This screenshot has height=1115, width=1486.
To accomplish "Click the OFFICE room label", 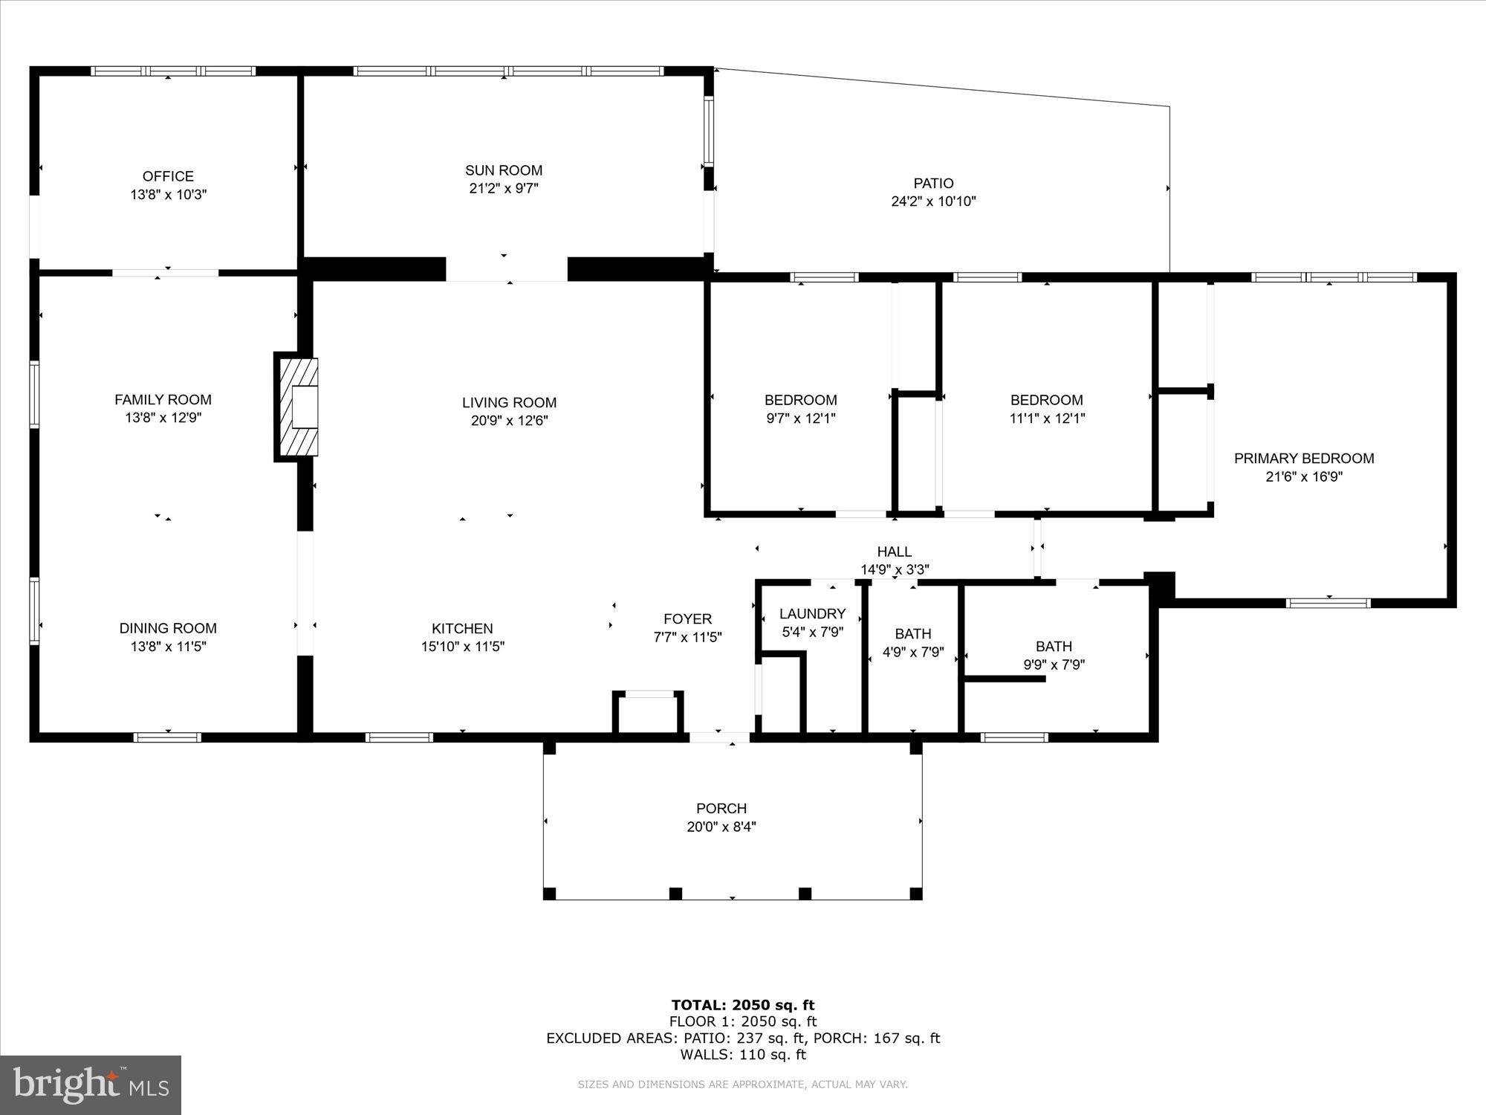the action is click(168, 176).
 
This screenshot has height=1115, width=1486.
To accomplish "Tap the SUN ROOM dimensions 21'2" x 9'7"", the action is click(504, 189).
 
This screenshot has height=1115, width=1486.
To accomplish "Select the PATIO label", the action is click(933, 183).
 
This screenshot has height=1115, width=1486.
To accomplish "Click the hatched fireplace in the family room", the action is click(297, 407).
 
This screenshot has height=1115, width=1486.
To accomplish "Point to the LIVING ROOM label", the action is click(509, 403).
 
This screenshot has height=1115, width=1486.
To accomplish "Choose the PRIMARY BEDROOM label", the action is click(1304, 459).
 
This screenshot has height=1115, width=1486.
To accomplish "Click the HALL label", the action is click(895, 552).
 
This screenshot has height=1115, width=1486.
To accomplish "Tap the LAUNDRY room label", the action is click(812, 614).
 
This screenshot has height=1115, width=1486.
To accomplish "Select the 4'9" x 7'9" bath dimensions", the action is click(913, 653).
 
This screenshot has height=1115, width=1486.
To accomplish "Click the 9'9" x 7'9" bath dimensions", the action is click(1054, 665).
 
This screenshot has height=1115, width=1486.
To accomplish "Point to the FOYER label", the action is click(687, 619).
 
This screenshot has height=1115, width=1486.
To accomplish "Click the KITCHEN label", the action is click(462, 629).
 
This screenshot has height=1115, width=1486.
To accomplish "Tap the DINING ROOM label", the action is click(168, 629).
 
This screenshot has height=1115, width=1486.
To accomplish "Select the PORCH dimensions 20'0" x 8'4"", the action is click(721, 827).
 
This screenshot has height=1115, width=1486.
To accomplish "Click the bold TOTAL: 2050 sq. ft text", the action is click(743, 1006).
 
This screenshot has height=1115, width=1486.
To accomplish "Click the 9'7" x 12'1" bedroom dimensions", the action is click(801, 418).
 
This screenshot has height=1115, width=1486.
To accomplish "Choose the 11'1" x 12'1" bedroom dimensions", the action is click(1047, 418).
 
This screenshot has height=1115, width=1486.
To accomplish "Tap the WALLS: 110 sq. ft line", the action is click(743, 1054).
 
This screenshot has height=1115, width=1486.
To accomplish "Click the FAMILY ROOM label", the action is click(163, 400).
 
